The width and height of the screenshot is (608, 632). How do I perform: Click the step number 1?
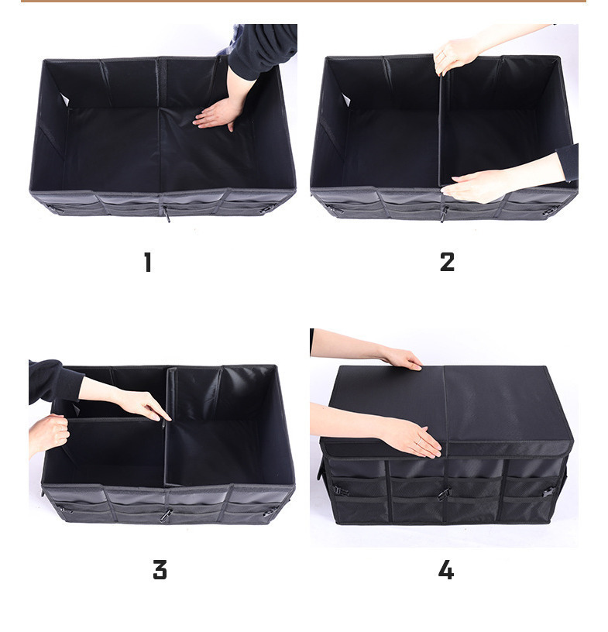[x=148, y=262]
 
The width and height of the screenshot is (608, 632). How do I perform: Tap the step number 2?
[x=447, y=262]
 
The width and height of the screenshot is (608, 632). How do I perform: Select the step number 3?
[x=160, y=570]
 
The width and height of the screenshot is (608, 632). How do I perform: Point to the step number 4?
[x=446, y=570]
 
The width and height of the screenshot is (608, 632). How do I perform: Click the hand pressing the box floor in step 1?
[x=217, y=115]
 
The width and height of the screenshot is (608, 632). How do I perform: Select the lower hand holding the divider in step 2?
[x=476, y=186]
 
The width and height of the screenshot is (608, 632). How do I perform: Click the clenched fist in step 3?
[x=48, y=432]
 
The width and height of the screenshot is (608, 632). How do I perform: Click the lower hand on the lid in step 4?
[x=411, y=438]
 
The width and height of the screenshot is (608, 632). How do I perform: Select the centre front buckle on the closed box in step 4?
[x=444, y=494]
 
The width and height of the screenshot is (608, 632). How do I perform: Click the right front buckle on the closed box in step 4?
[x=548, y=492]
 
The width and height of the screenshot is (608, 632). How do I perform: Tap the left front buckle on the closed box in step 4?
[x=341, y=491]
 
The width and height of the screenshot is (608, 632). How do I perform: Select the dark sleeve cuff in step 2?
[x=568, y=162]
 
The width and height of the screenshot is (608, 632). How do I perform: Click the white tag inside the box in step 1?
[x=64, y=100]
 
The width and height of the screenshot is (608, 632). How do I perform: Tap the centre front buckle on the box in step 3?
[x=165, y=516]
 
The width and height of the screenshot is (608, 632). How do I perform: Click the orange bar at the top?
[x=304, y=2]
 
